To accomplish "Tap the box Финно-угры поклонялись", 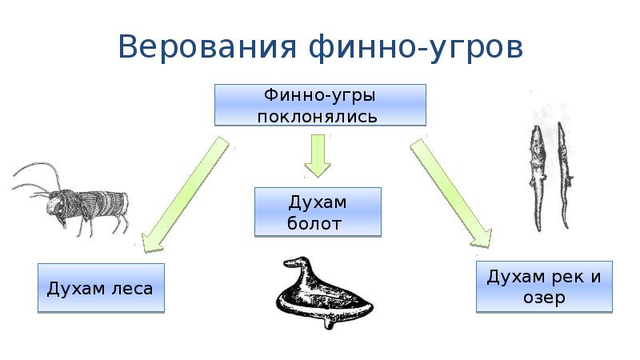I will (x=319, y=104).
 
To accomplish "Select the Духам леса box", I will (x=101, y=286).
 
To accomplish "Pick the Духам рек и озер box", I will (x=543, y=286).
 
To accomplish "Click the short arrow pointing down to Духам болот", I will (x=318, y=156).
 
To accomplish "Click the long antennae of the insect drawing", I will (x=32, y=180).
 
